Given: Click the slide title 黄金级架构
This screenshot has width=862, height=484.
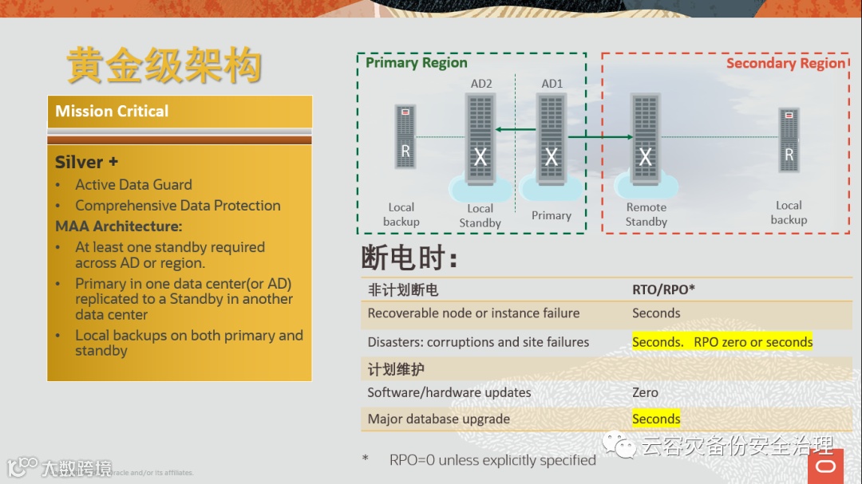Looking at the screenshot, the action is point(164,65).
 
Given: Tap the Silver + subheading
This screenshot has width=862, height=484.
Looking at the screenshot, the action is point(86,162).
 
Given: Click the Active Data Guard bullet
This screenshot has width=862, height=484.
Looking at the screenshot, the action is point(133,184).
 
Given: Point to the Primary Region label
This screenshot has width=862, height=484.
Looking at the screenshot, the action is point(416,63).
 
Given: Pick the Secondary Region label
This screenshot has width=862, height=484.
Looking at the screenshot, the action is point(785,64).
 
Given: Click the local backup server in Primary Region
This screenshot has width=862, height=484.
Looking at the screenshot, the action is point(405,136).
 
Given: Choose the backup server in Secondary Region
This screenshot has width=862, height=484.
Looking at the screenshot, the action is point(789,140).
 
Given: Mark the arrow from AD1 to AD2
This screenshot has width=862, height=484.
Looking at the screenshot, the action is point(516,129).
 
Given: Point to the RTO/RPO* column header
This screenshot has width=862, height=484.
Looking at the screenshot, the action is point(663,289).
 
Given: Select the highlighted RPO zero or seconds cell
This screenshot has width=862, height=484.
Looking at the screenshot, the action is point(722,342).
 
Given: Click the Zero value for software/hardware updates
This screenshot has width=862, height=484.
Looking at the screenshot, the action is point(645,392).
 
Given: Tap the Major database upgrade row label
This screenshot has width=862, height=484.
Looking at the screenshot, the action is point(438,419).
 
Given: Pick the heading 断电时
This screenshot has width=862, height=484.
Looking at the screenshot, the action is point(409,258).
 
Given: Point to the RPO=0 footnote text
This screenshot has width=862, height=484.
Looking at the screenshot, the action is point(492,460).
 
